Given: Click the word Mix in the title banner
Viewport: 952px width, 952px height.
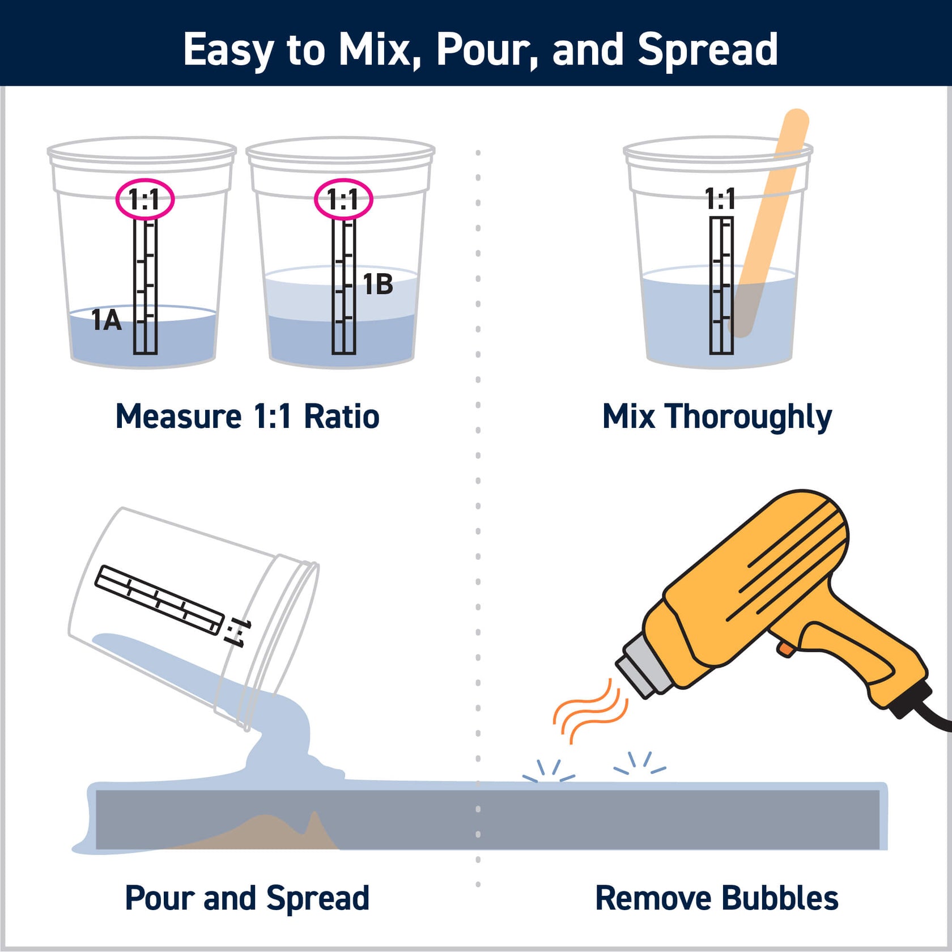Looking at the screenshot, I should pyautogui.click(x=374, y=50).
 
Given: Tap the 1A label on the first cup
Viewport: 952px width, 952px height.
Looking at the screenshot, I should pyautogui.click(x=107, y=321).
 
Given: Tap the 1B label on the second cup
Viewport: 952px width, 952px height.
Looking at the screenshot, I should pyautogui.click(x=378, y=284).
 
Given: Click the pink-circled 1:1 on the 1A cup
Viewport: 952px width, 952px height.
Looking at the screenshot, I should pyautogui.click(x=144, y=199).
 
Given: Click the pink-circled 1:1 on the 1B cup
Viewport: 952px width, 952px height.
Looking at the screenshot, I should pyautogui.click(x=343, y=199).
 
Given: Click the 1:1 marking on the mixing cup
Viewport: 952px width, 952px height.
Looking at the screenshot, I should pyautogui.click(x=720, y=199).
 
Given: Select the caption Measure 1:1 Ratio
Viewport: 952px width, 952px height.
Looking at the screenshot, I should pyautogui.click(x=247, y=416).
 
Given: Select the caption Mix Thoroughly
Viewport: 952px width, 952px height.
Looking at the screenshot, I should pyautogui.click(x=717, y=416).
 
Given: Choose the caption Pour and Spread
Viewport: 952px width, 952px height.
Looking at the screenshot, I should pyautogui.click(x=247, y=898).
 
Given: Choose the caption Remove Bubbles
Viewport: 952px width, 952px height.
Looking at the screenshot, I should pyautogui.click(x=717, y=898).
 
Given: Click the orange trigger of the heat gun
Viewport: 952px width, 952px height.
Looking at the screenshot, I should pyautogui.click(x=785, y=649).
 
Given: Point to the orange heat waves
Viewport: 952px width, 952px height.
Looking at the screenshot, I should pyautogui.click(x=589, y=711).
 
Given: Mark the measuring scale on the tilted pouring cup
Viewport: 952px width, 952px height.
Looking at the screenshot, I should pyautogui.click(x=159, y=600).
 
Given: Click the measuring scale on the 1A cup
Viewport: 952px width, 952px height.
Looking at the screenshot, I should pyautogui.click(x=145, y=286).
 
